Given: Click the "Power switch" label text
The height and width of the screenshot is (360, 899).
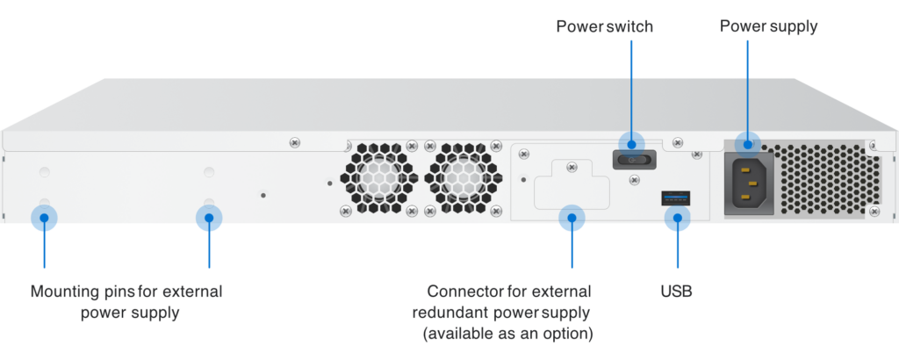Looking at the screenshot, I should (605, 26).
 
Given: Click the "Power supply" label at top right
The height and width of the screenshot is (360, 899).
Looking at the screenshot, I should (769, 26).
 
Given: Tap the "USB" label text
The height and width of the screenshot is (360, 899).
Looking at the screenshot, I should (677, 291).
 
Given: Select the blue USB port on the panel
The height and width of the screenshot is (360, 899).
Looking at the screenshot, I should (677, 198).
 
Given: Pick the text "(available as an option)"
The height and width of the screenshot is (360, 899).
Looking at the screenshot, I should (508, 335).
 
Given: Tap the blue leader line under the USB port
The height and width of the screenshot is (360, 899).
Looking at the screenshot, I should (677, 250).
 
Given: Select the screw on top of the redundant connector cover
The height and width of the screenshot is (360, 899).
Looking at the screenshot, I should (572, 164).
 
